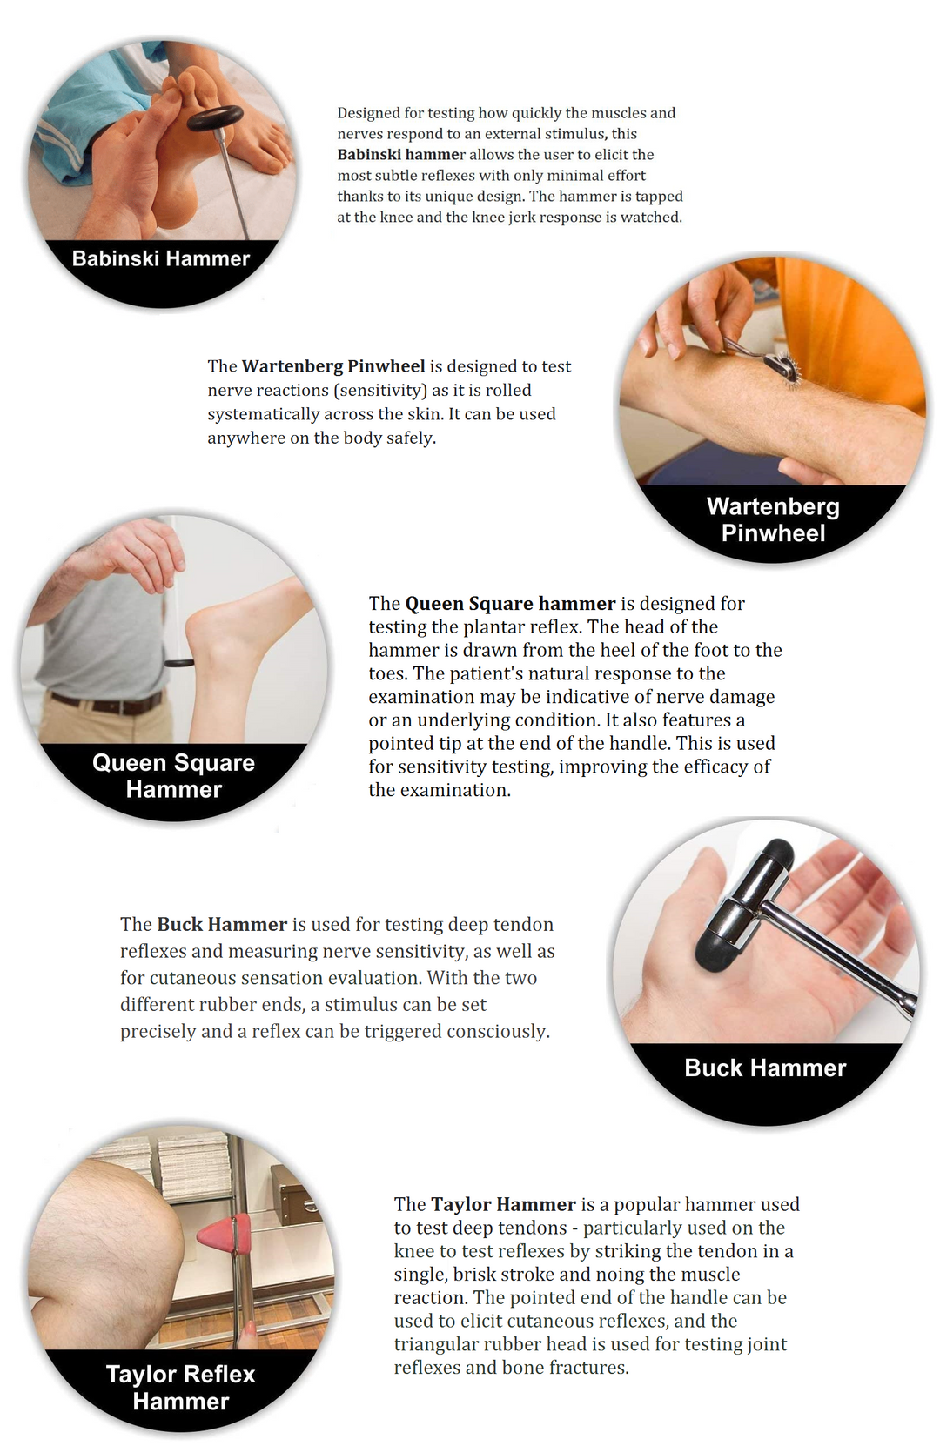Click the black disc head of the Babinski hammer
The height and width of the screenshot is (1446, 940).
(215, 118)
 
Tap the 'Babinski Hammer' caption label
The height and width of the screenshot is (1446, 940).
(161, 259)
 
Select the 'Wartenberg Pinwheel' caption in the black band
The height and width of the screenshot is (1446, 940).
(773, 519)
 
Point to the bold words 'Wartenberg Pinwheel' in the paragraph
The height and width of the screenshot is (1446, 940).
(333, 366)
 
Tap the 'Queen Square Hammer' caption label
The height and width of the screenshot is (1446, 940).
(174, 776)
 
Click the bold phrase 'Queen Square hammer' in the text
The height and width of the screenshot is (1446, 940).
(510, 604)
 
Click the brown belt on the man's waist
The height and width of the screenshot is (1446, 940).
(107, 703)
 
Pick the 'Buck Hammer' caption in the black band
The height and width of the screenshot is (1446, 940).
(765, 1068)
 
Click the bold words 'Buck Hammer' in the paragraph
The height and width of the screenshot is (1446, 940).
(222, 924)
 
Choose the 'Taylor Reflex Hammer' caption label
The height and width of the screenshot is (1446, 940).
(181, 1388)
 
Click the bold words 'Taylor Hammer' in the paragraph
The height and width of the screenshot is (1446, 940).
(504, 1205)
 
